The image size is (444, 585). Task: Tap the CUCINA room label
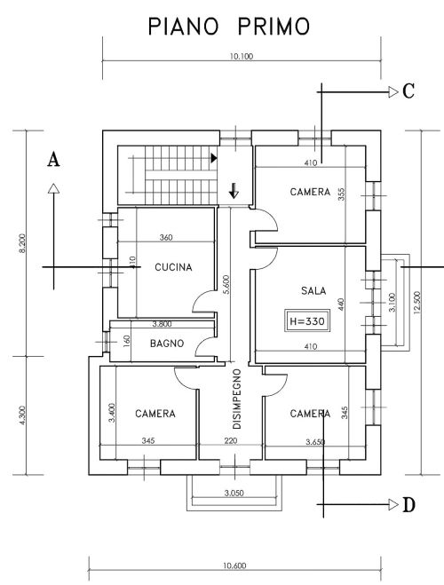coord(174,267)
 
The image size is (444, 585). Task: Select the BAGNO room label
coord(166,343)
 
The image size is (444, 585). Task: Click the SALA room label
coord(313,290)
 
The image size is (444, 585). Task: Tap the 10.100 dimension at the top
coord(241,56)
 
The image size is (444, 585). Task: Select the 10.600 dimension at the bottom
coord(235,565)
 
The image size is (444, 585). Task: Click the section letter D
coord(408,505)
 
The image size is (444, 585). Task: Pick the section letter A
coord(53,160)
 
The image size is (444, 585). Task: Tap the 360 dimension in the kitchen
coord(166,238)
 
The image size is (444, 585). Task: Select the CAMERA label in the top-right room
coord(310,192)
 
